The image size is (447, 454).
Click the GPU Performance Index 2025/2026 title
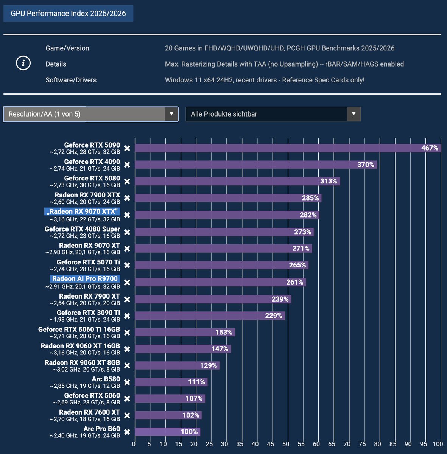pyautogui.click(x=68, y=14)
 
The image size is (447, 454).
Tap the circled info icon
pyautogui.click(x=23, y=63)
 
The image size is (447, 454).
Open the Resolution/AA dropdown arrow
pyautogui.click(x=171, y=114)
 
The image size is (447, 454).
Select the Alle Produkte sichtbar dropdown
pyautogui.click(x=273, y=114)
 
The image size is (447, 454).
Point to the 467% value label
pyautogui.click(x=430, y=148)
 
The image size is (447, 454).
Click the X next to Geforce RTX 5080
pyautogui.click(x=127, y=182)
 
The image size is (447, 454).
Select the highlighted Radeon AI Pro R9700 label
pyautogui.click(x=85, y=279)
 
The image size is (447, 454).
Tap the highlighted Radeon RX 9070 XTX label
pyautogui.click(x=82, y=211)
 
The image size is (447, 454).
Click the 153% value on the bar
pyautogui.click(x=224, y=332)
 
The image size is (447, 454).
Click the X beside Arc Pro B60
pyautogui.click(x=127, y=432)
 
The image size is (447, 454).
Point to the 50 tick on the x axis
pyautogui.click(x=285, y=444)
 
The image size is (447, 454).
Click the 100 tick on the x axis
pyautogui.click(x=438, y=444)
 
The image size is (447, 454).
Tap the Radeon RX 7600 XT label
pyautogui.click(x=89, y=412)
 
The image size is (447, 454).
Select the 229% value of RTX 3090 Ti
pyautogui.click(x=273, y=316)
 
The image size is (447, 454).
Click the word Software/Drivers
pyautogui.click(x=71, y=80)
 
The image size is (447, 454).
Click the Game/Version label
pyautogui.click(x=67, y=48)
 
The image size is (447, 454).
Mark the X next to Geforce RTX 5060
pyautogui.click(x=127, y=399)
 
